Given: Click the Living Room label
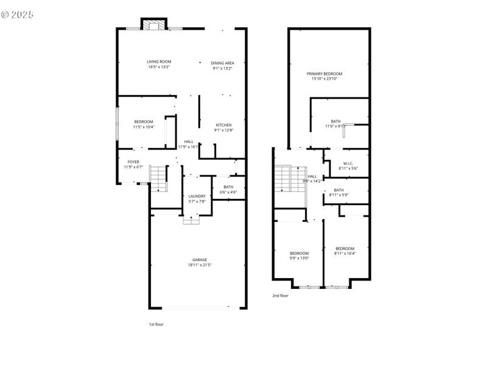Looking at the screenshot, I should pos(159,61).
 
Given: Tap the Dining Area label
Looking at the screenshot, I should pos(223,63).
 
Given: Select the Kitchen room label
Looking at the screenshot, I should pos(223,125).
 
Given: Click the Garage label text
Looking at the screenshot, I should pos(200,260).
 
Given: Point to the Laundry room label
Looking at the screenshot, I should pos(197,196).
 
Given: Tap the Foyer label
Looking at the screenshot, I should pos(133,162).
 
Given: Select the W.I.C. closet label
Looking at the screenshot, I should pos(348,163).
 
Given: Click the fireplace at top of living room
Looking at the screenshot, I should pos(153,24).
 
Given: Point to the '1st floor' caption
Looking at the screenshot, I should pos(156,324).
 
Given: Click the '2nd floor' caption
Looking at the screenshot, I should pos(280,296).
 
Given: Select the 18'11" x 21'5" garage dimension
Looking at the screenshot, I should pos(200,265).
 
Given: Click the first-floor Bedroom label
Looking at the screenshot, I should pos(143,122).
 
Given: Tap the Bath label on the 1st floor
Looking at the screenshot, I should pos(228,187).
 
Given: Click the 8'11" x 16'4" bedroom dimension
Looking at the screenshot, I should pos(345,254).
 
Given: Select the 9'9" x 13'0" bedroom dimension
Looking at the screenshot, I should pos(299,259).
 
